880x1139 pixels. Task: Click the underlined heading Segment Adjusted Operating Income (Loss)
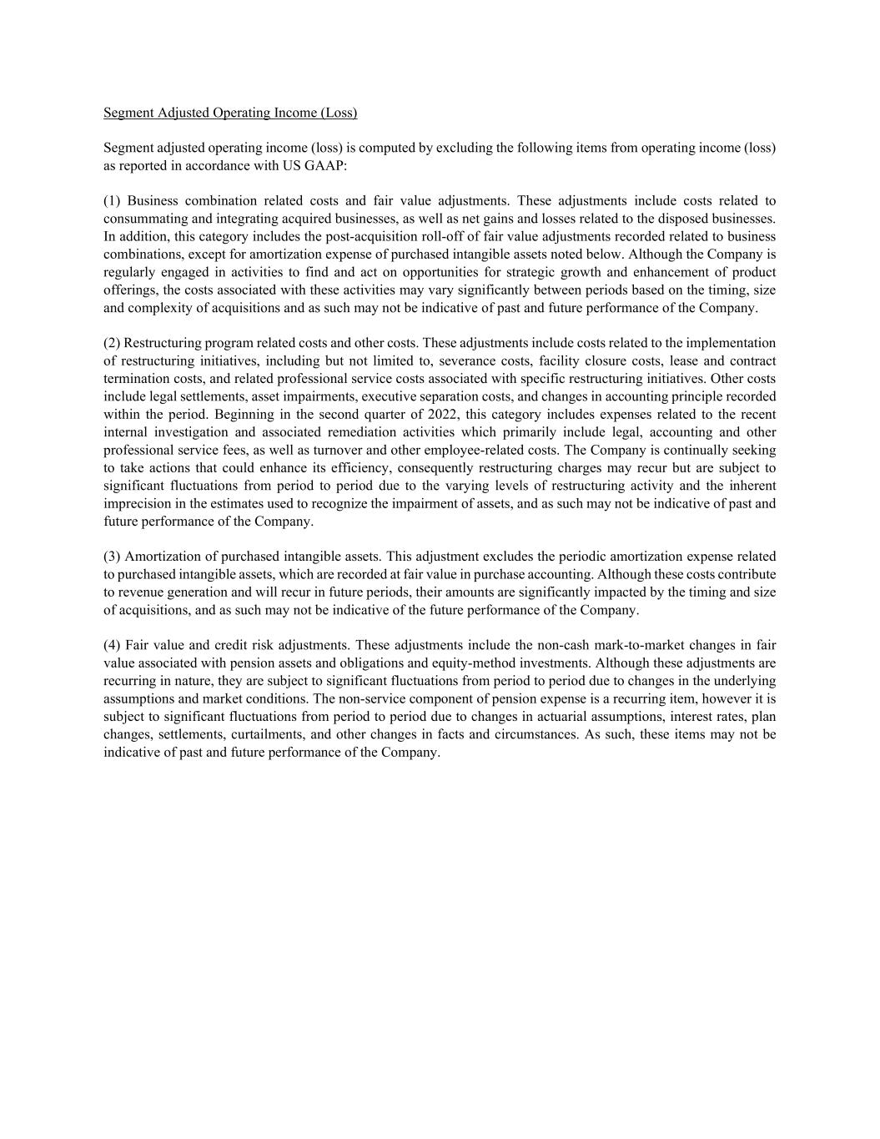[x=230, y=113]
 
